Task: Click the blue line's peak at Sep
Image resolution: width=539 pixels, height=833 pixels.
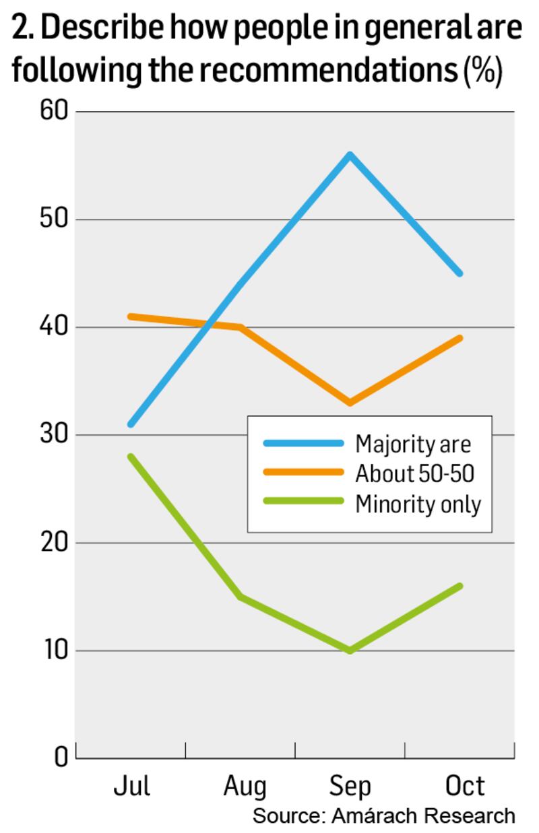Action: click(x=350, y=155)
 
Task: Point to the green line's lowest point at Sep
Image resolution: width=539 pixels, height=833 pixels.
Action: click(x=350, y=651)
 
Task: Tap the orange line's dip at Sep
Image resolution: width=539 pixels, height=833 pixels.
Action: click(x=350, y=403)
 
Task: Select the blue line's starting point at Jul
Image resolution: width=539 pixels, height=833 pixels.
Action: click(x=131, y=424)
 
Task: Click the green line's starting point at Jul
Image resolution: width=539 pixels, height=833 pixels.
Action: click(x=131, y=457)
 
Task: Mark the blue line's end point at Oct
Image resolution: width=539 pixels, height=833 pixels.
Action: click(x=460, y=273)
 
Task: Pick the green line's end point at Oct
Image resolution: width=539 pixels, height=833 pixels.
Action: click(x=460, y=586)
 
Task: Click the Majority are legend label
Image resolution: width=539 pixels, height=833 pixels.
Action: click(x=413, y=444)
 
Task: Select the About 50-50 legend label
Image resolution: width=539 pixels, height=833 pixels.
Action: click(x=415, y=473)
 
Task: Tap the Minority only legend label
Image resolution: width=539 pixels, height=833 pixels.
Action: click(x=418, y=504)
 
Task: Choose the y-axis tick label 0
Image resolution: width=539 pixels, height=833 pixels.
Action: click(x=61, y=758)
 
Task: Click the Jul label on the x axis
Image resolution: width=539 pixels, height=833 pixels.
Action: click(x=131, y=786)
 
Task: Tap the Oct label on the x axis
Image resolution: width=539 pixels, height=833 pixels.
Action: click(x=465, y=786)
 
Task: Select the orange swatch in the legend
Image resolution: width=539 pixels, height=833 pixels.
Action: click(x=303, y=473)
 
